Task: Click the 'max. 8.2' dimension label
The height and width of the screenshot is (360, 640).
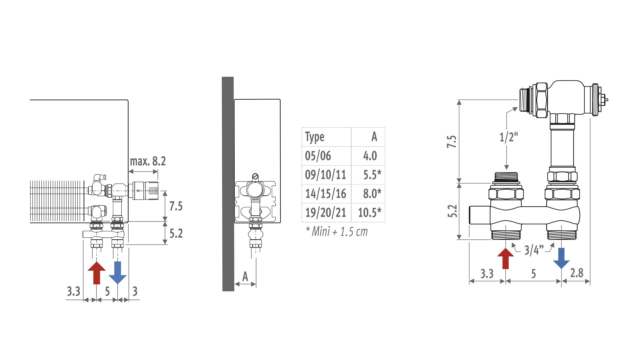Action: (x=148, y=161)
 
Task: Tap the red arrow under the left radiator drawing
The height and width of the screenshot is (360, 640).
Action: (x=97, y=273)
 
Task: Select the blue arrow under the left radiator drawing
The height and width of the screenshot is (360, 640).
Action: (x=118, y=273)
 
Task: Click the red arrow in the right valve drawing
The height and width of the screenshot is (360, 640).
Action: (x=506, y=258)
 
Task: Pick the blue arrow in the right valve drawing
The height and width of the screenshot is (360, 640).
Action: (x=561, y=258)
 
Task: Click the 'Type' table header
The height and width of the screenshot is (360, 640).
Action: (x=315, y=137)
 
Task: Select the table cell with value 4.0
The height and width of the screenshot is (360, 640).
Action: (x=370, y=156)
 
